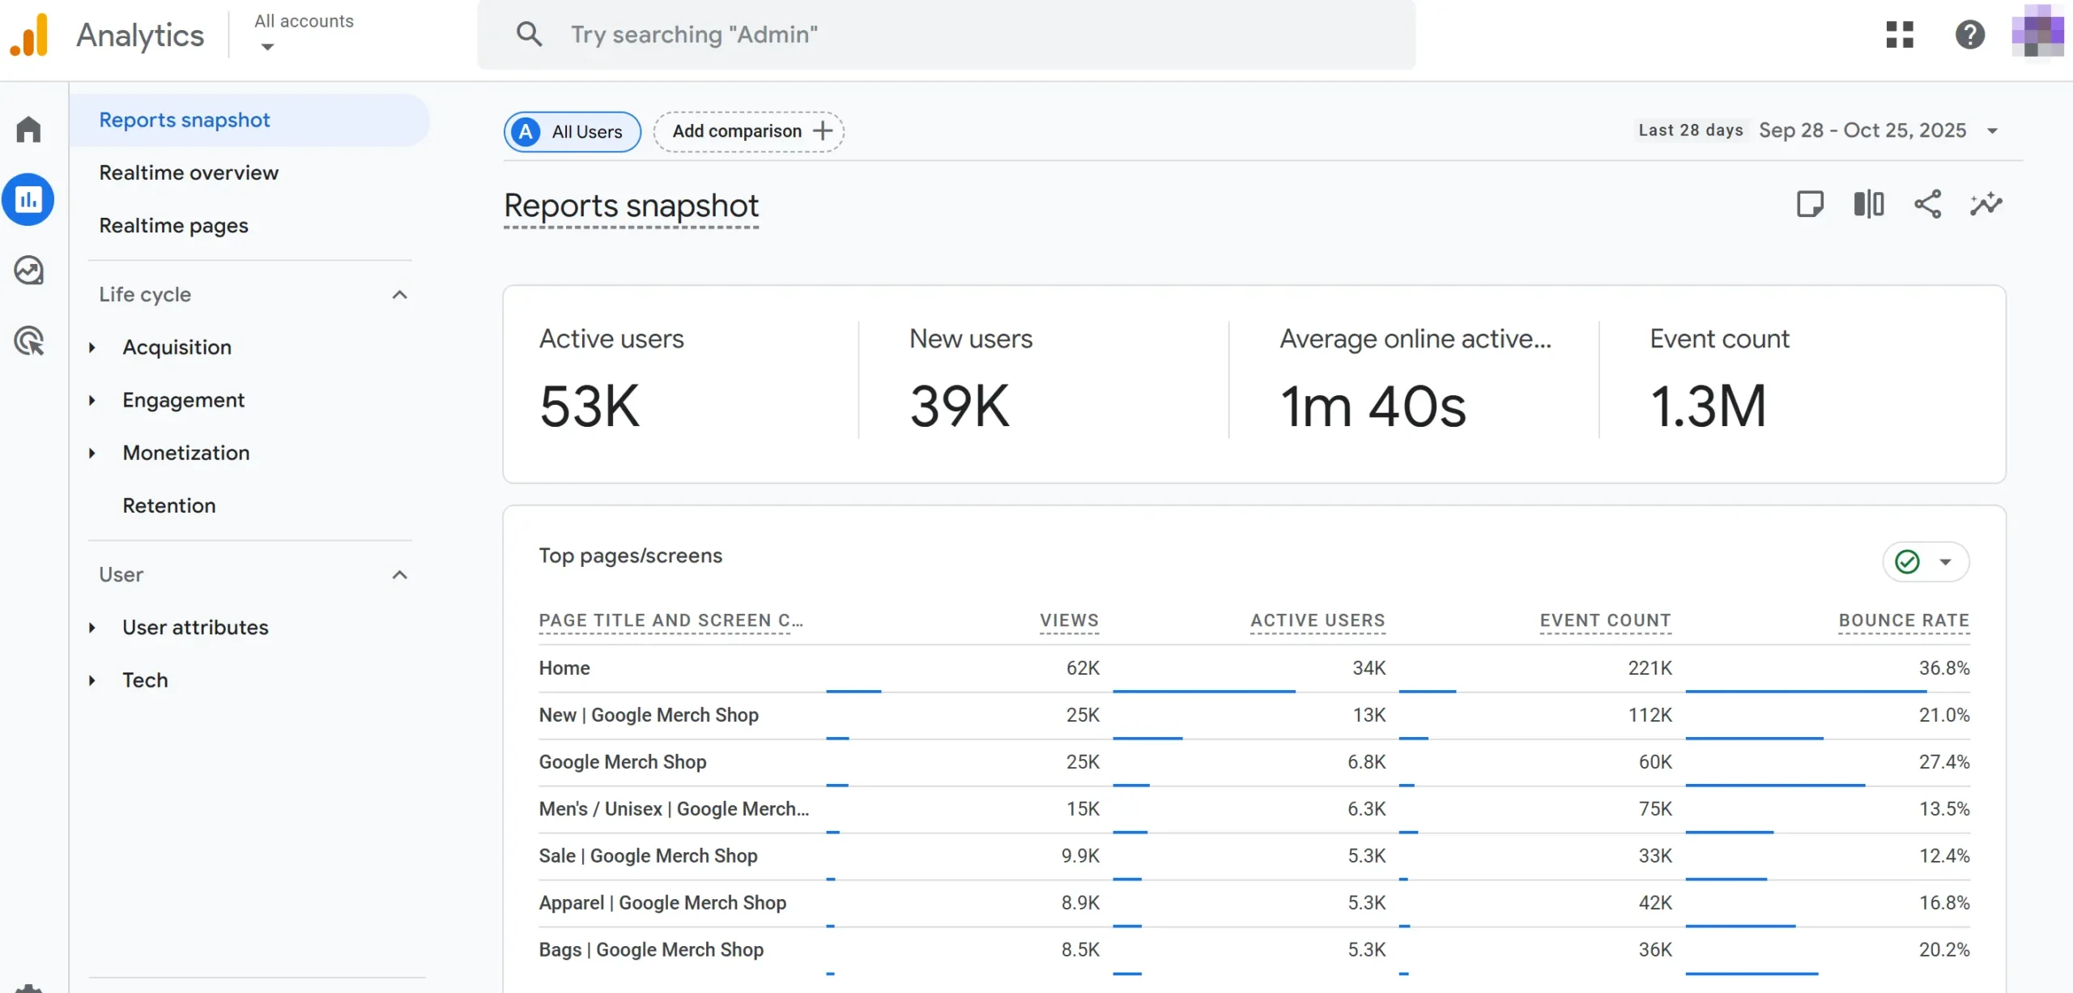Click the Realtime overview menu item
(189, 173)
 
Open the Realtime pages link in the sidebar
(173, 225)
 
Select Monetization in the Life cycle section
(185, 453)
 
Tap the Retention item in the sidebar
(168, 505)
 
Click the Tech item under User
(145, 680)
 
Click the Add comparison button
(749, 131)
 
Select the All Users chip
(572, 131)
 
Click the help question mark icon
(1969, 34)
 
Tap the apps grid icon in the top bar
(1899, 34)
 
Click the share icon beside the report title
(1927, 204)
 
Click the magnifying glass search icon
(529, 34)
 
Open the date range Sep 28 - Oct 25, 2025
(1862, 130)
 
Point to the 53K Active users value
(590, 406)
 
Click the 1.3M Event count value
(1708, 406)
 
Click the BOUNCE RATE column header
(1903, 620)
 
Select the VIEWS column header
(1069, 620)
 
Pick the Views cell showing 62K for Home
(1082, 668)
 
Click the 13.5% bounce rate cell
(1943, 809)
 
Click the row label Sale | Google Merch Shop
(648, 856)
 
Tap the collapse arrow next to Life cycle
(399, 295)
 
